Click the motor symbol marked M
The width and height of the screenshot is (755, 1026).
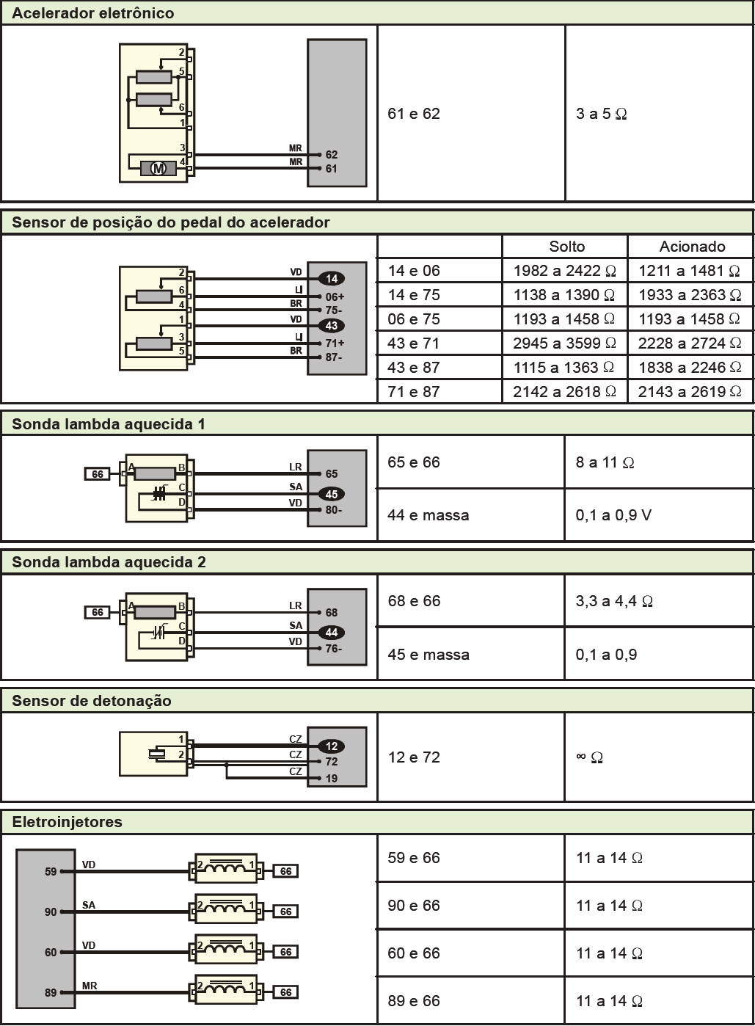pos(158,169)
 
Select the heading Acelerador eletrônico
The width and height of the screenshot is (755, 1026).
pos(93,13)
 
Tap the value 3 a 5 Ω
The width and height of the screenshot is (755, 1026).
pos(601,114)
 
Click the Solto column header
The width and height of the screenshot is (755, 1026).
pos(567,247)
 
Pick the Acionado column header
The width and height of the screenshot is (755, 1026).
pos(693,247)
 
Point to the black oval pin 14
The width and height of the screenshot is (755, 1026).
pos(332,278)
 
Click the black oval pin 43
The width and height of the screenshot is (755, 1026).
pos(332,326)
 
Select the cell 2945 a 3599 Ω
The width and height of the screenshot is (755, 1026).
pos(564,343)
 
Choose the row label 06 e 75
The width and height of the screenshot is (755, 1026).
pos(413,319)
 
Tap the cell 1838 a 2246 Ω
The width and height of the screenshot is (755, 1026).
pos(690,368)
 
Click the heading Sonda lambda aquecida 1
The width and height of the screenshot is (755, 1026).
pos(109,424)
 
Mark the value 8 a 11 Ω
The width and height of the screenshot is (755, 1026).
pos(605,462)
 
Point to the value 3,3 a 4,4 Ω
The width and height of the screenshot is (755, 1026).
pos(614,601)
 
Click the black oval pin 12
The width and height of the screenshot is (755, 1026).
pos(332,746)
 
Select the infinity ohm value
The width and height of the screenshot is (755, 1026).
pos(589,757)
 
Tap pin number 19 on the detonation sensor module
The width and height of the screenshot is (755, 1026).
pos(332,778)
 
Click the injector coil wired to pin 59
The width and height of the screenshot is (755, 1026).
pos(226,868)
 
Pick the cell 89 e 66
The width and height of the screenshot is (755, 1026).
pos(413,1001)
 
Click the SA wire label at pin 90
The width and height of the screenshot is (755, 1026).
pos(89,905)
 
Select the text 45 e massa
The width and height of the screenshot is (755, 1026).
pos(428,655)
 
